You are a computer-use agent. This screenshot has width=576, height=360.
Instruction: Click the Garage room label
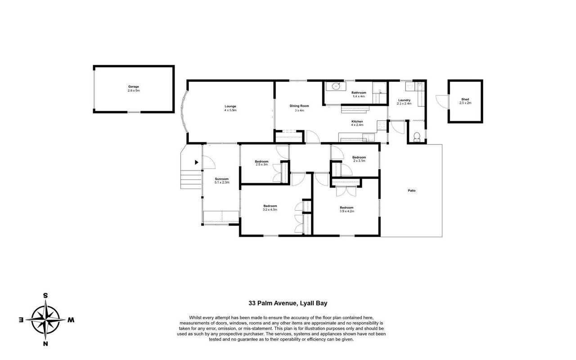(x=134, y=87)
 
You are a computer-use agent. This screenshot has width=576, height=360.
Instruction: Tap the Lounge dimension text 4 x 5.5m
(x=230, y=110)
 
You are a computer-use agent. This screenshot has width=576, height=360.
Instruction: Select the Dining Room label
(x=299, y=106)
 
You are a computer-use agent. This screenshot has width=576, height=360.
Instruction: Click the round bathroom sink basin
(x=336, y=86)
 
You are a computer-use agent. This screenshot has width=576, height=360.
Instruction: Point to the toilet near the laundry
(x=417, y=137)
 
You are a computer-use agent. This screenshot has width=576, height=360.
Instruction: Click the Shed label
(x=465, y=99)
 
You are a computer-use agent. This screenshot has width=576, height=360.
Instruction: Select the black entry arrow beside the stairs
(x=197, y=162)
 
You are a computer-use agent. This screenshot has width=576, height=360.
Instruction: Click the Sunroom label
(x=222, y=179)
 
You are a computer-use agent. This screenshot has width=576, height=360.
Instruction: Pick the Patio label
(x=412, y=190)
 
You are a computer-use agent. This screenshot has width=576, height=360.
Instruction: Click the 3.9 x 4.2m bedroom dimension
(x=347, y=211)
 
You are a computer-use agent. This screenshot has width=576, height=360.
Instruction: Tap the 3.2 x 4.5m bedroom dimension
(x=270, y=210)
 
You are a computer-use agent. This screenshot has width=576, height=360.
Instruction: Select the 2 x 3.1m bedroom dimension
(x=359, y=161)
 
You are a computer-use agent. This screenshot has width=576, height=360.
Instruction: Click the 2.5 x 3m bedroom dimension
(x=262, y=165)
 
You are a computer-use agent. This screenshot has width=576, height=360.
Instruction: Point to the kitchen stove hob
(x=382, y=125)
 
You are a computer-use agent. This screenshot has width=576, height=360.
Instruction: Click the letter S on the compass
(x=45, y=296)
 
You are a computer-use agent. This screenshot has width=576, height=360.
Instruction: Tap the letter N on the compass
(x=45, y=344)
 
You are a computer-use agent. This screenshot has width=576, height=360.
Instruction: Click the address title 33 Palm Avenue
(x=272, y=303)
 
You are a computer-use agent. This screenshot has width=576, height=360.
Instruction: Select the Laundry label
(x=404, y=100)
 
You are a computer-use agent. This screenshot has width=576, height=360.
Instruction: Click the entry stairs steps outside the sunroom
(x=191, y=180)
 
